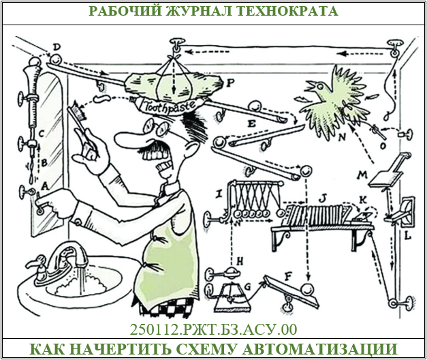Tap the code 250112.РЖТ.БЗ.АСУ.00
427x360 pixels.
click(213, 330)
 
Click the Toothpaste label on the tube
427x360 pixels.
click(170, 104)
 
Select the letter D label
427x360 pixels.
click(57, 46)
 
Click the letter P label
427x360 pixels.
click(231, 82)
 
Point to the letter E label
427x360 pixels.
click(251, 125)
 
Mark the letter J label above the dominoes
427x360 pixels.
click(323, 198)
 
